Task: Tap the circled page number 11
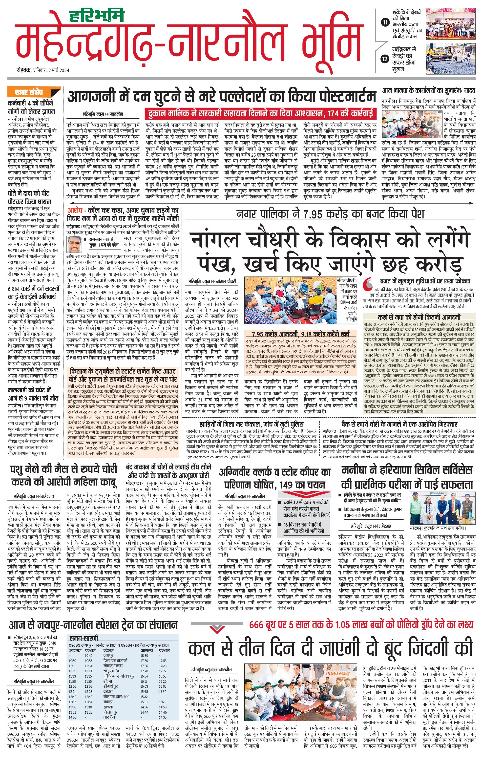point(385,22)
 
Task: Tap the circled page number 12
point(385,59)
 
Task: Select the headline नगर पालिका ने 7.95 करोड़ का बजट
point(330,214)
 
